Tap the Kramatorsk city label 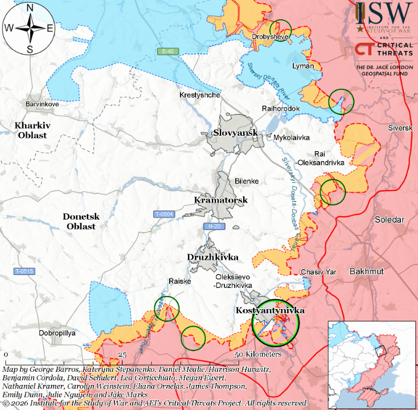(x=220, y=200)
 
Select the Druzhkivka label (x=212, y=257)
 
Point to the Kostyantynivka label (x=271, y=311)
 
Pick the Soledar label (x=389, y=220)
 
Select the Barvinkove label (x=42, y=104)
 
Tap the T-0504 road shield (x=164, y=214)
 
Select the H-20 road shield (x=215, y=226)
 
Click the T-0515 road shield (x=24, y=271)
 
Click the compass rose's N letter (x=30, y=8)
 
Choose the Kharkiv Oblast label (x=31, y=130)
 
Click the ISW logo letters (x=384, y=11)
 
